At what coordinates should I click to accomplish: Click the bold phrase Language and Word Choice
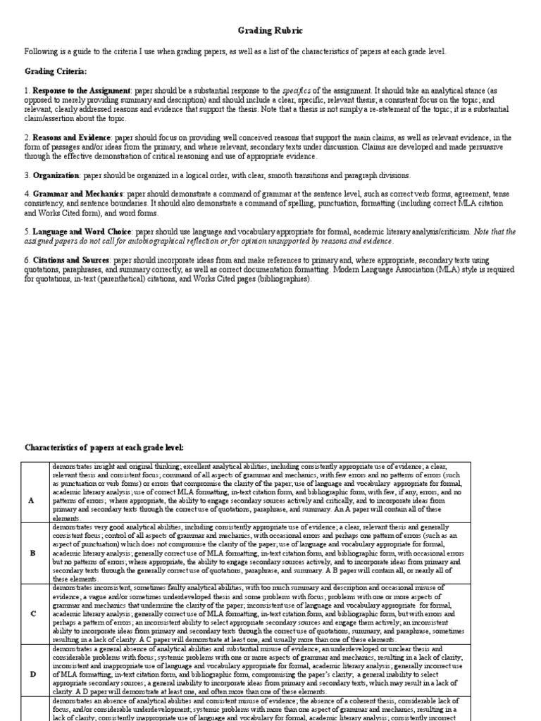pyautogui.click(x=83, y=231)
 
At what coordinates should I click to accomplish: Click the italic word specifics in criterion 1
pyautogui.click(x=297, y=91)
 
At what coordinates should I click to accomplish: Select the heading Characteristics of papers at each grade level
pyautogui.click(x=104, y=447)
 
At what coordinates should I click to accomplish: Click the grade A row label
pyautogui.click(x=31, y=500)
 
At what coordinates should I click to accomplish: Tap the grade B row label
pyautogui.click(x=31, y=553)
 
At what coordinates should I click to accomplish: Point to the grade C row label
pyautogui.click(x=31, y=613)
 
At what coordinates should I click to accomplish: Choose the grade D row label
pyautogui.click(x=31, y=674)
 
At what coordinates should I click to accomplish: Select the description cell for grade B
pyautogui.click(x=258, y=553)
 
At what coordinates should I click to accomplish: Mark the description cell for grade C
pyautogui.click(x=258, y=613)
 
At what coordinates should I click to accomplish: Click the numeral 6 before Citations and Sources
pyautogui.click(x=27, y=260)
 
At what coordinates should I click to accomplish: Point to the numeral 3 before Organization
pyautogui.click(x=27, y=175)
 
